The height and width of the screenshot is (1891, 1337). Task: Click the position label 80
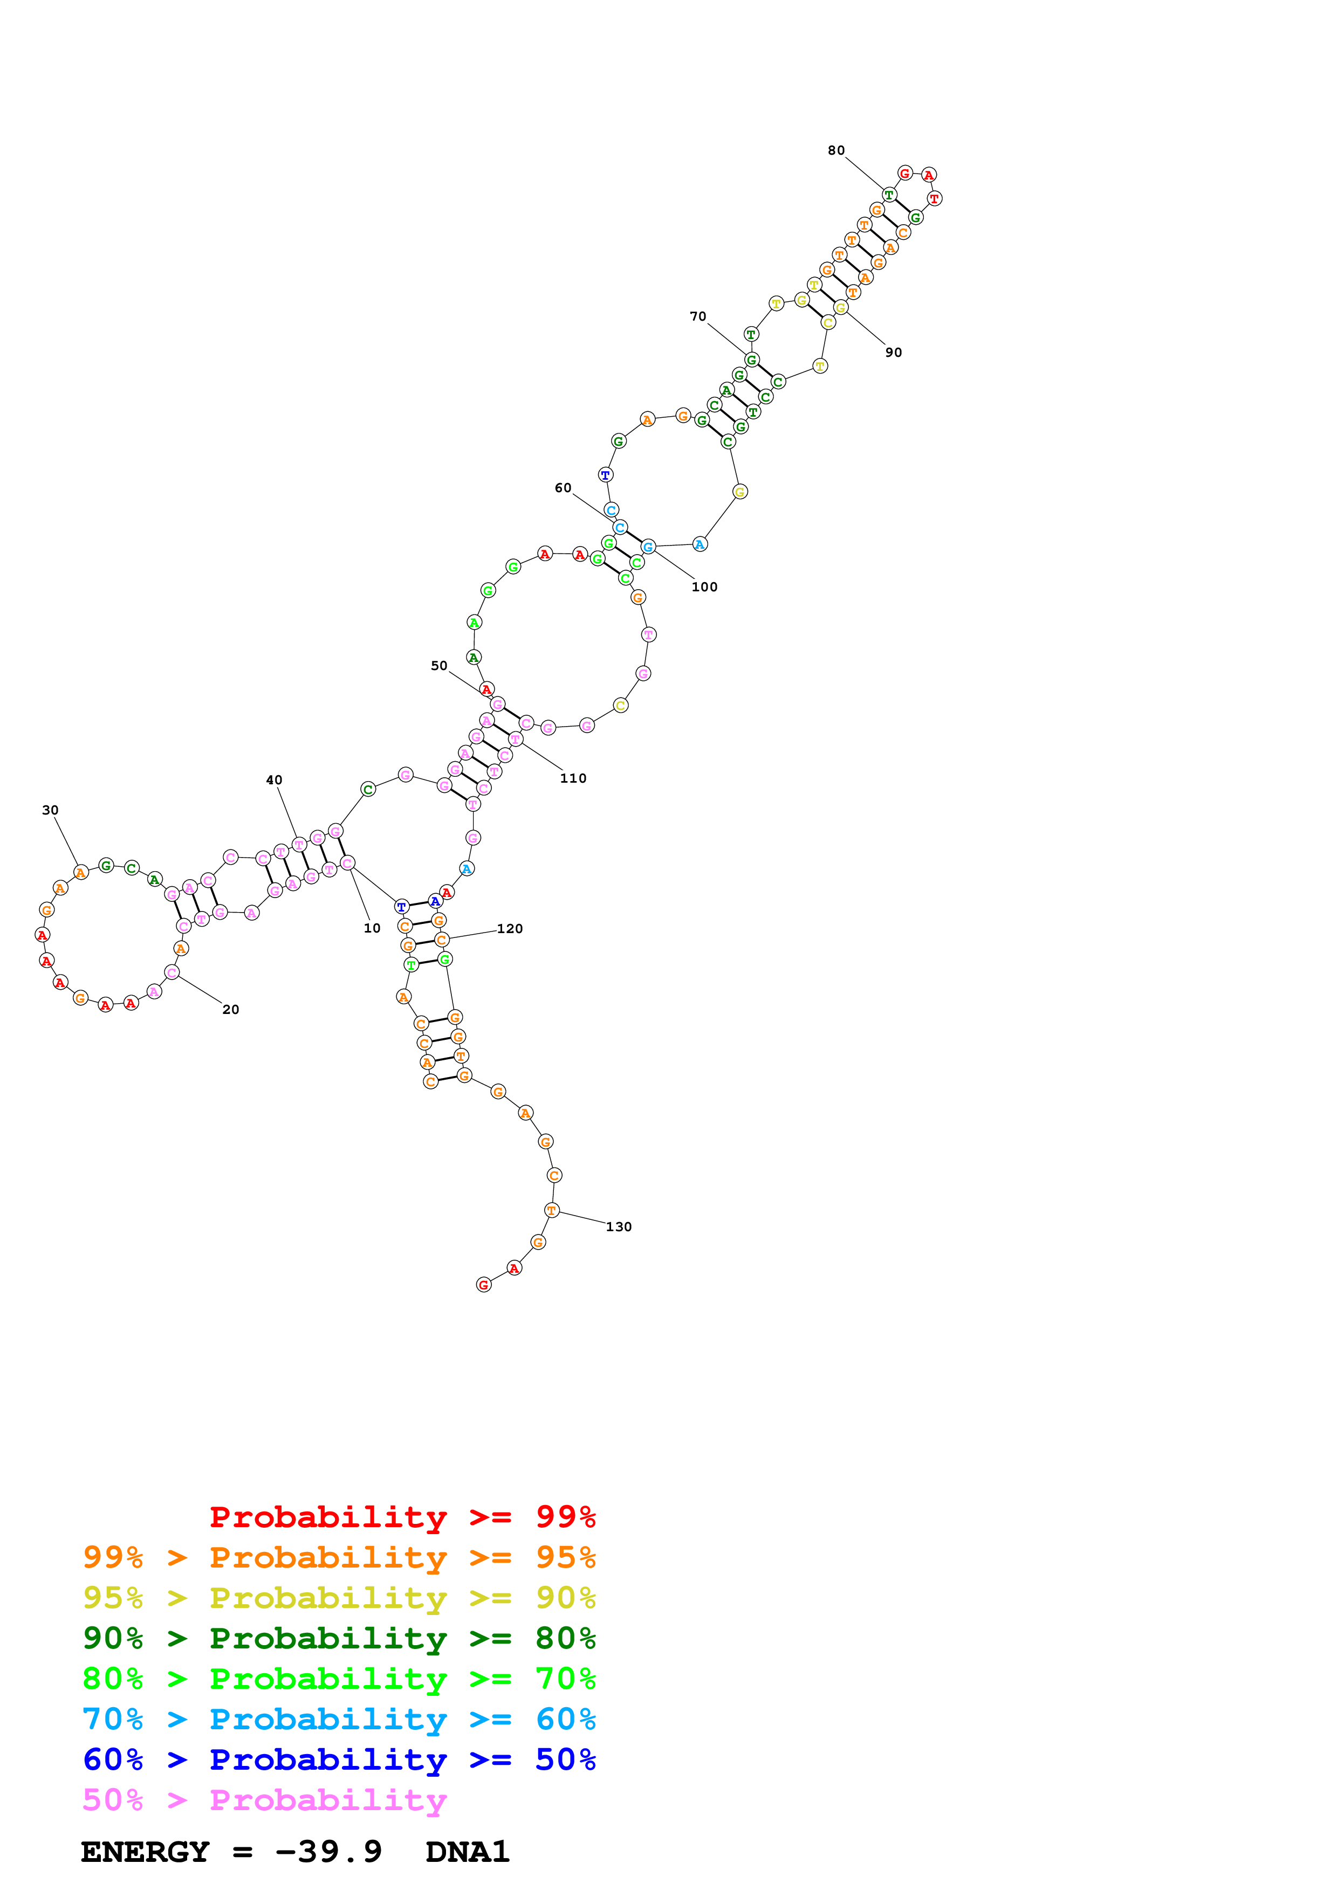click(835, 151)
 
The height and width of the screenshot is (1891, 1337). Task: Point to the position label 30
click(50, 810)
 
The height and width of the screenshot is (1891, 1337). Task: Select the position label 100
click(704, 586)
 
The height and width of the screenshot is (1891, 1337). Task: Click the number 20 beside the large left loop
click(231, 1009)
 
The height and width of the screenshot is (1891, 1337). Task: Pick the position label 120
click(510, 928)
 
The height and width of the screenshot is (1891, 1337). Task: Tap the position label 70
click(698, 316)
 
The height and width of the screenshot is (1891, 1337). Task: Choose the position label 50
click(439, 666)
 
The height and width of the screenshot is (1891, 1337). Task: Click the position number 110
click(573, 778)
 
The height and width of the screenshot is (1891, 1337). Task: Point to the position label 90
click(894, 353)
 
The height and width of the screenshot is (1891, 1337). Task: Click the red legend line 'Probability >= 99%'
click(402, 1517)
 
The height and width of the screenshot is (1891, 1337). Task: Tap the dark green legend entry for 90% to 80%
click(339, 1638)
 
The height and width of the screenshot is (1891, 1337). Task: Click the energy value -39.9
click(328, 1852)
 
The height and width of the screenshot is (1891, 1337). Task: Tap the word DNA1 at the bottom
click(467, 1852)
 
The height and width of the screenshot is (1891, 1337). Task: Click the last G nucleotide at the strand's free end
click(484, 1285)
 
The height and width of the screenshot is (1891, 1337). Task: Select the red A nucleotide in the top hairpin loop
click(928, 175)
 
